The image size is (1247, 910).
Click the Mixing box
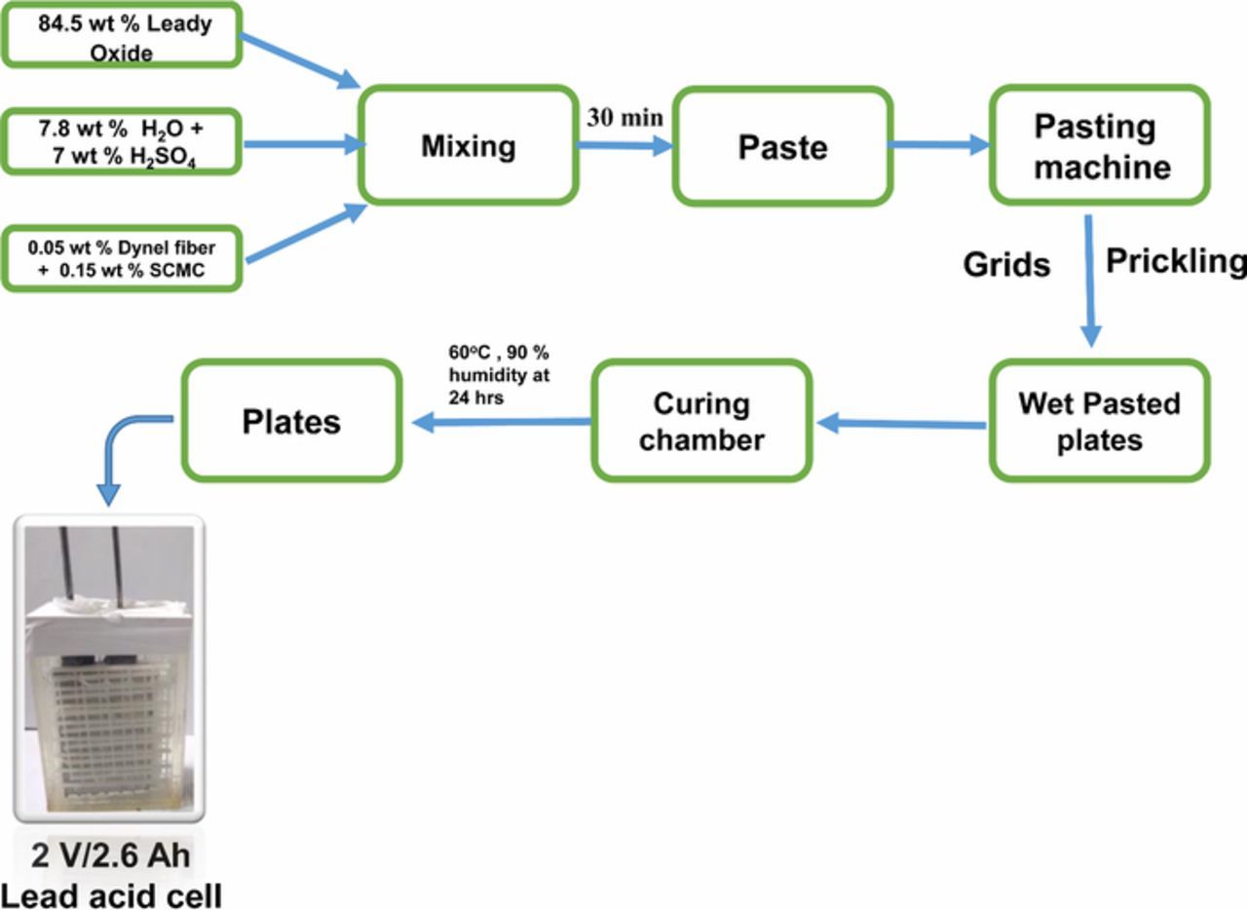point(468,146)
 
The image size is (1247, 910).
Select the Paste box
point(782,147)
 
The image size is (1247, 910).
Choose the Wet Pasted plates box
point(1099,421)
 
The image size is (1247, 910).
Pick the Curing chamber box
point(701,421)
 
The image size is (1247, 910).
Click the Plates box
point(291,421)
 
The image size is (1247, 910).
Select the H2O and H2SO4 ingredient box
point(122,142)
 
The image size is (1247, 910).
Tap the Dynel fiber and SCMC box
point(122,259)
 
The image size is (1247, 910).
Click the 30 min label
point(624,118)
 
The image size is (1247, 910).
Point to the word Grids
point(1006,264)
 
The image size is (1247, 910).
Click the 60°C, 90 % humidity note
point(498,374)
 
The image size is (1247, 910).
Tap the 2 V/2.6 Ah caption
point(110,856)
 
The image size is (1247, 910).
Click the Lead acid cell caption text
point(110,894)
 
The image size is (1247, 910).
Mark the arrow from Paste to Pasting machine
point(939,146)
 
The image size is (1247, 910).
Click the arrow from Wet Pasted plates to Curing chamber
point(901,424)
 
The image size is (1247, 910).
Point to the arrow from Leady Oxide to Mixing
point(299,60)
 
